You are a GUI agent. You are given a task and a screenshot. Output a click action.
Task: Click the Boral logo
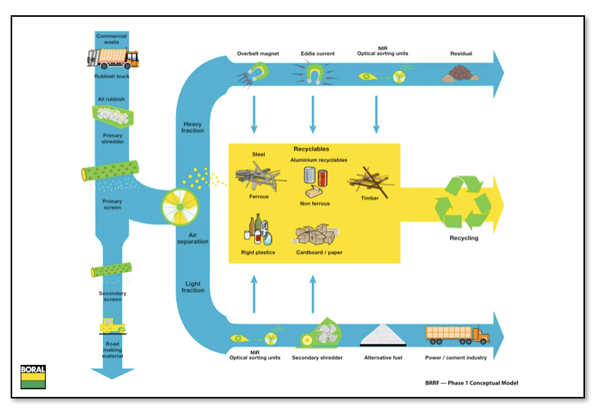(x=33, y=377)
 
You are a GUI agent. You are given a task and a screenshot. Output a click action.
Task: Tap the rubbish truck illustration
(x=113, y=58)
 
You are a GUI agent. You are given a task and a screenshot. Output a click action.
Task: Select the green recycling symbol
(x=463, y=202)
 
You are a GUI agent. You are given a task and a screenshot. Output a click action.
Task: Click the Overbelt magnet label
(x=258, y=53)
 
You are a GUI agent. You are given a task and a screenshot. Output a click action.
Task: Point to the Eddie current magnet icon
(x=314, y=74)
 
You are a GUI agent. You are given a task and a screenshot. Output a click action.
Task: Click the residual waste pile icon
(x=461, y=73)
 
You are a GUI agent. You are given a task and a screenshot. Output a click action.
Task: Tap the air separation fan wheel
(x=180, y=207)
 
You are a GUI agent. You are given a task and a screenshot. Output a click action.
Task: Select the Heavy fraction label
(x=192, y=127)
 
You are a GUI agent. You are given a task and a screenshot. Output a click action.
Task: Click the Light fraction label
(x=193, y=287)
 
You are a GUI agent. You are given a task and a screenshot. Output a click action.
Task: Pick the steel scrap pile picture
(x=260, y=176)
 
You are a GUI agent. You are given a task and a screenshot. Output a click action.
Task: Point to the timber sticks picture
(x=369, y=181)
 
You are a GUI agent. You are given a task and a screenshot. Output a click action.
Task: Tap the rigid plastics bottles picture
(x=258, y=230)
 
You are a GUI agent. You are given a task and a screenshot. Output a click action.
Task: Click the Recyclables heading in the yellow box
(x=311, y=149)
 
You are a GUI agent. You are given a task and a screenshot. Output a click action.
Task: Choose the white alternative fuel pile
(x=383, y=334)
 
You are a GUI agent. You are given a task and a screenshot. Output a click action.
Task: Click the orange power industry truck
(x=458, y=335)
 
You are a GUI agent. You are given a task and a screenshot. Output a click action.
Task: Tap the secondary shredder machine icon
(x=320, y=333)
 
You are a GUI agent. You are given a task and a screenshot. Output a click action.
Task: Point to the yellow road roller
(x=112, y=326)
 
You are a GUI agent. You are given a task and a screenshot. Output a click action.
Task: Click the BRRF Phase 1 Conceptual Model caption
(x=471, y=383)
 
